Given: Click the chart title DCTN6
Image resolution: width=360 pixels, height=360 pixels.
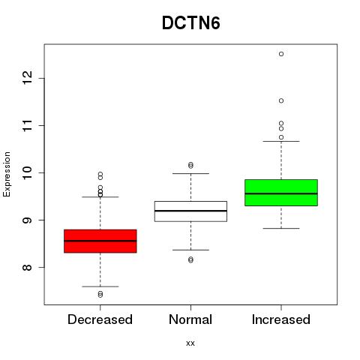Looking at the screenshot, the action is [x=191, y=23].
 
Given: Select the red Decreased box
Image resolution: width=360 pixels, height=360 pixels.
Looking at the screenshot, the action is [x=100, y=241].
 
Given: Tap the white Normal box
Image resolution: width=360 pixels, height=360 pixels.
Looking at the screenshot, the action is [x=190, y=211].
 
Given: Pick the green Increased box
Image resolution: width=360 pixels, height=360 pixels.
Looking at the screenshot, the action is [x=281, y=193].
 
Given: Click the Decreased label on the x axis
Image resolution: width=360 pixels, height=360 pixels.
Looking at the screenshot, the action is [x=100, y=319].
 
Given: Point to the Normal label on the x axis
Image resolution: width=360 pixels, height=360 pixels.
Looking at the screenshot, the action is [x=190, y=319].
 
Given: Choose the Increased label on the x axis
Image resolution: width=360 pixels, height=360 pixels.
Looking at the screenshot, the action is [x=281, y=319].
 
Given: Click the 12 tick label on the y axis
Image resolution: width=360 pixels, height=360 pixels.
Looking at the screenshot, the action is [x=28, y=78].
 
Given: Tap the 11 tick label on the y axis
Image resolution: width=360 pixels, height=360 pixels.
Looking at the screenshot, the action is [x=28, y=125].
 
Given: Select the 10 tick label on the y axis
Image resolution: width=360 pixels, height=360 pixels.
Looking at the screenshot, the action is [x=28, y=172].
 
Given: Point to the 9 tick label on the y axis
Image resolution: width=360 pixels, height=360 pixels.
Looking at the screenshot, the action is [x=28, y=220].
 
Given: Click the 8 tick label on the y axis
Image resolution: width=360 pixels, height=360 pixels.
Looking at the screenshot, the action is [x=28, y=267].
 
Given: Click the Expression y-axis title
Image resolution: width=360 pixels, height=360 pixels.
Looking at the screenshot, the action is [x=7, y=174].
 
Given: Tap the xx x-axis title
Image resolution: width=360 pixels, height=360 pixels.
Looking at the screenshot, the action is [x=190, y=343].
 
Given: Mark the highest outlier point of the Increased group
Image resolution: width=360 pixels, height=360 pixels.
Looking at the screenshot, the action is [x=281, y=54].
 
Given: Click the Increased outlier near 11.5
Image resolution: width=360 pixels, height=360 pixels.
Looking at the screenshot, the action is [x=281, y=100].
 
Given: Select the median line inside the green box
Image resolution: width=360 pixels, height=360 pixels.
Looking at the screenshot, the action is [x=281, y=193].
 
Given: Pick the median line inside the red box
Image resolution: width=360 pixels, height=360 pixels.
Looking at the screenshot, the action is [x=100, y=241].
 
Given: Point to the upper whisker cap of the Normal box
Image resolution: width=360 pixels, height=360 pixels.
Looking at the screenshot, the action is [x=190, y=173].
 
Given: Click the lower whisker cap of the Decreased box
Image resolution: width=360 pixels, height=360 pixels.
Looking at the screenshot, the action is [x=100, y=286].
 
